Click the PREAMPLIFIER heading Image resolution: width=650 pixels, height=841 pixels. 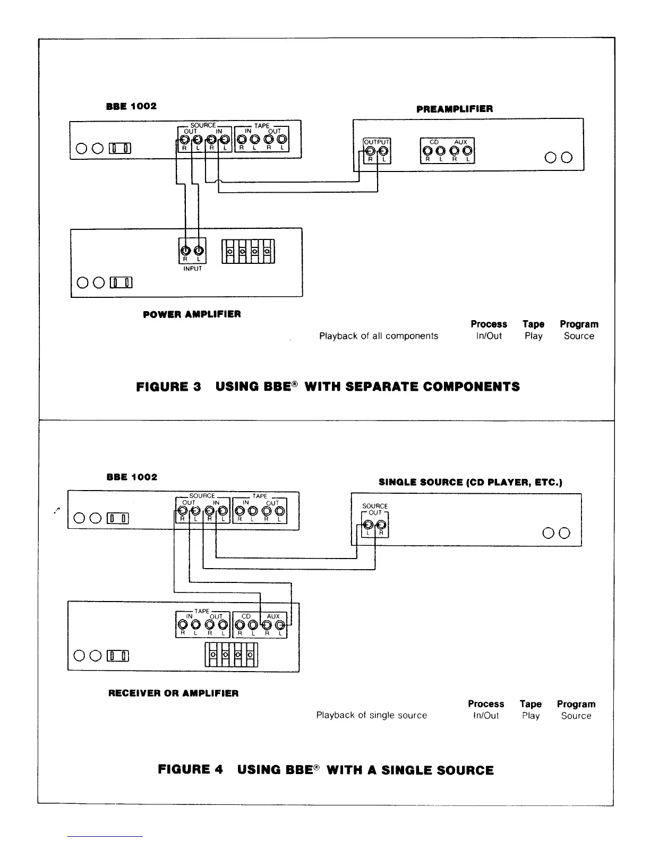455,109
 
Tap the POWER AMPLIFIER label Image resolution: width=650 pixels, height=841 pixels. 192,314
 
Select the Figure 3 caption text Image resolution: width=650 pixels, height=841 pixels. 328,387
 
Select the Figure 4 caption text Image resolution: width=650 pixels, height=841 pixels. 326,770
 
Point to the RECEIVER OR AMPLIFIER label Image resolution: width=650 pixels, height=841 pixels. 173,693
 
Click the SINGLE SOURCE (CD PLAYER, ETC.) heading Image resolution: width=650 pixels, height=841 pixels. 470,482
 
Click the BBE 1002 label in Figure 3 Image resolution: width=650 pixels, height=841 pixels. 132,106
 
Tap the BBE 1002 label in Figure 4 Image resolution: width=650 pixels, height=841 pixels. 132,477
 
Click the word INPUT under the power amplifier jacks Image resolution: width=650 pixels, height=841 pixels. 192,269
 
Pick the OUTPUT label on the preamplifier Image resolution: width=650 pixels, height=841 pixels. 376,142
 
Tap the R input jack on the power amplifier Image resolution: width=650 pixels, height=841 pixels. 186,251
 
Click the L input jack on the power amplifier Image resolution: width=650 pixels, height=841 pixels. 199,251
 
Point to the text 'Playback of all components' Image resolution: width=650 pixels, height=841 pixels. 379,336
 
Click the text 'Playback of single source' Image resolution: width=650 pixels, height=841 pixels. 371,715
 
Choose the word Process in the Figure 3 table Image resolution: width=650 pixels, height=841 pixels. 489,324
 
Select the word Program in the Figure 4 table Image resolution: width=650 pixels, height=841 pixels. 576,704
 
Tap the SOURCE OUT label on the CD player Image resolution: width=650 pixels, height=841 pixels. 375,509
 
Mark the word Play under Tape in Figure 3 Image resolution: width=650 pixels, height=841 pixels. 533,336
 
